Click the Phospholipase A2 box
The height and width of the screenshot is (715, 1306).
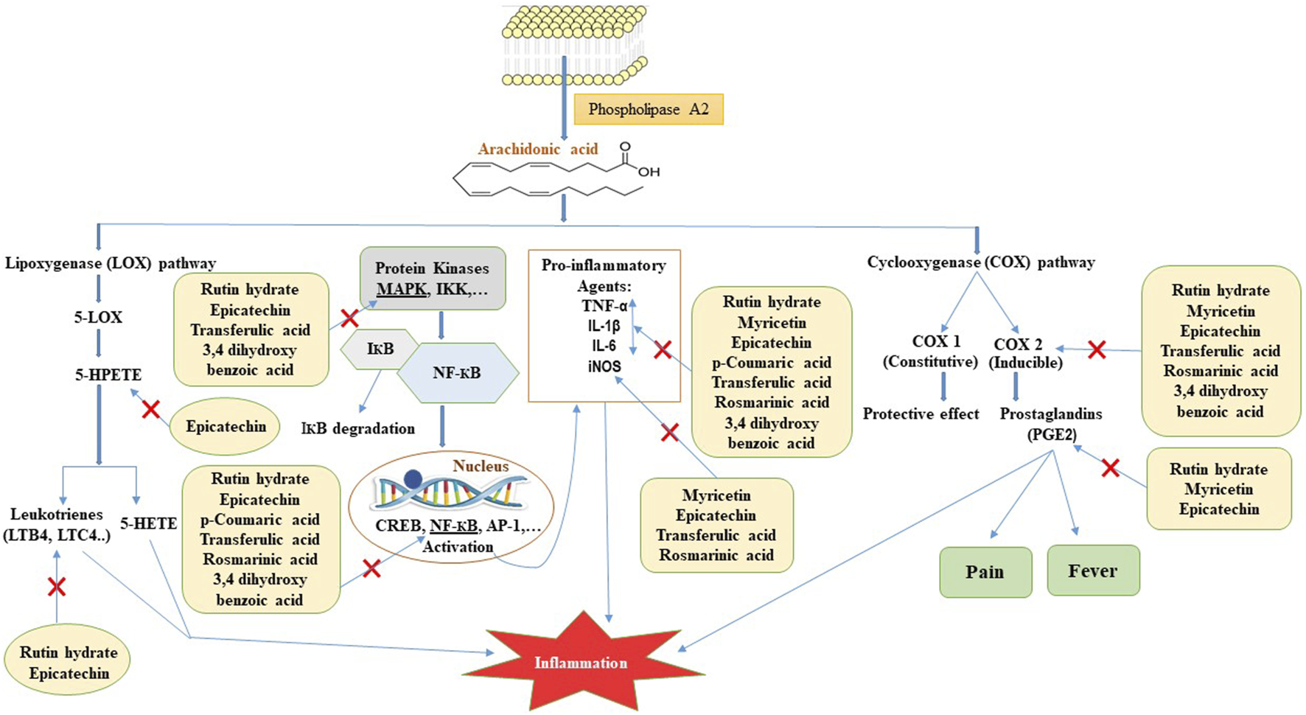649,109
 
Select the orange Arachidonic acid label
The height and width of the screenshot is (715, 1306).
538,149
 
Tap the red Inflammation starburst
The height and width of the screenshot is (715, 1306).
581,661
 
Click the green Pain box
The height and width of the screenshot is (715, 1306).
985,572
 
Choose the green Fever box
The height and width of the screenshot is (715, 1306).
1093,571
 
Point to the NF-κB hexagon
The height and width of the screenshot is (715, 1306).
457,373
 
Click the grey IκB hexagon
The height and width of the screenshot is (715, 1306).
380,349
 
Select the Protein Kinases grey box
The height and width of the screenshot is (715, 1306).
432,278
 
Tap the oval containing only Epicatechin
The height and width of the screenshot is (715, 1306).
226,426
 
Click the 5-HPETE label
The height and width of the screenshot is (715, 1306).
108,374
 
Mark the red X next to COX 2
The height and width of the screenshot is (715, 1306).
1097,350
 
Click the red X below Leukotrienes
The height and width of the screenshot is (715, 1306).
57,587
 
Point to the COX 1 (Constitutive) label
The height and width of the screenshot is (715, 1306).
935,352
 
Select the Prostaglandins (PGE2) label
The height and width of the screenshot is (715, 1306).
1051,424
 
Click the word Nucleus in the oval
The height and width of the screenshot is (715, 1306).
481,466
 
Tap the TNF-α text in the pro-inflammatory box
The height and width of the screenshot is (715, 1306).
604,306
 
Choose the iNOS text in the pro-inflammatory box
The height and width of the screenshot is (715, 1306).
604,366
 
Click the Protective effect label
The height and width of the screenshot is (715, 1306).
921,414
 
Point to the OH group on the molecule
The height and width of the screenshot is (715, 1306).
649,172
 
